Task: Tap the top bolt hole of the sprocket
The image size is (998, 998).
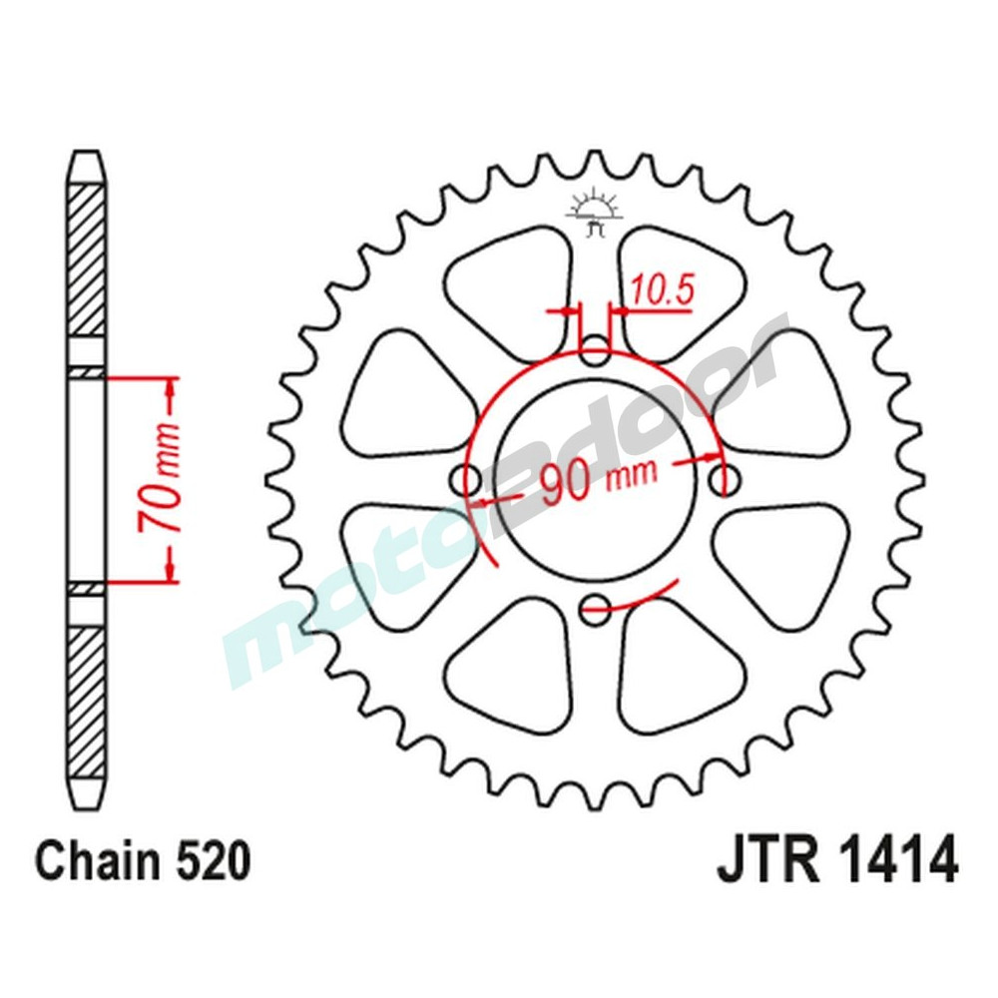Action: click(x=596, y=351)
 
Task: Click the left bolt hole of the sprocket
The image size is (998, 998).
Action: click(x=466, y=480)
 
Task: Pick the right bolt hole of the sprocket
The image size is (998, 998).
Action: click(x=725, y=480)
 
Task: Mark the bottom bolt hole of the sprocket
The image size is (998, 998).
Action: click(x=596, y=605)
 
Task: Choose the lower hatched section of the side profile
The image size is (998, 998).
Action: click(x=87, y=694)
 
